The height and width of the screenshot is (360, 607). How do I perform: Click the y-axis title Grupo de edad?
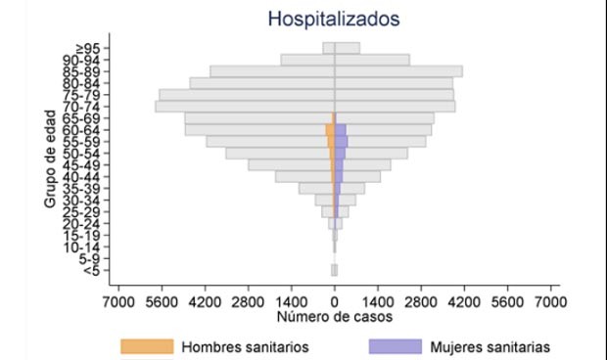[49, 159]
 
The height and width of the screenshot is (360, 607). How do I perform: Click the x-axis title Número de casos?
[335, 318]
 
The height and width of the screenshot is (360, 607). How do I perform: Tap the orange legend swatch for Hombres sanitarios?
[146, 346]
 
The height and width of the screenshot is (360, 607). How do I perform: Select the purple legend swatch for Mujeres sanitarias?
[395, 346]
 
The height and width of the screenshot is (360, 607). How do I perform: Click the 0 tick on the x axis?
[335, 301]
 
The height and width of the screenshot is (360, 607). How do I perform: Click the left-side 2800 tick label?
[249, 301]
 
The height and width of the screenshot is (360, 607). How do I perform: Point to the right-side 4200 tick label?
[464, 301]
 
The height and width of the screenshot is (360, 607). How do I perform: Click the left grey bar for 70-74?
[245, 106]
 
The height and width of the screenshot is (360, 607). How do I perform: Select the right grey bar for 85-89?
[399, 71]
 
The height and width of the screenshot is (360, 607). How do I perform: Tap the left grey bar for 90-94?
[307, 60]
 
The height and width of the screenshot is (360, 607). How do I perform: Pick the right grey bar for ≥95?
[348, 48]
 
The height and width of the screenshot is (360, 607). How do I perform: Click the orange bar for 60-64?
[331, 130]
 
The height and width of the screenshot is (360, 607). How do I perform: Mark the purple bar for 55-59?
[342, 142]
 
